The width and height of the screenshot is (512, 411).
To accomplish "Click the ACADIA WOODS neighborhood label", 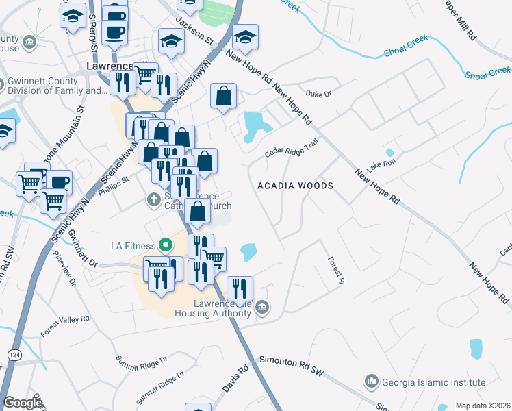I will pyautogui.click(x=295, y=186).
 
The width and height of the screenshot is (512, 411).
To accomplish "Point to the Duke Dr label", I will pyautogui.click(x=318, y=94).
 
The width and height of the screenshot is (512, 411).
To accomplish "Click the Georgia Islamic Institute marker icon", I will pyautogui.click(x=372, y=380).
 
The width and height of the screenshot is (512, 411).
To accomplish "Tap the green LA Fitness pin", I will pyautogui.click(x=165, y=244).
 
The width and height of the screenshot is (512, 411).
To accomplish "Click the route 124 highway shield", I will pyautogui.click(x=14, y=354).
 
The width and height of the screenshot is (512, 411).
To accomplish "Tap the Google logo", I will pyautogui.click(x=23, y=403).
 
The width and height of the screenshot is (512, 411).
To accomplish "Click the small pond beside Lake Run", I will pyautogui.click(x=389, y=153).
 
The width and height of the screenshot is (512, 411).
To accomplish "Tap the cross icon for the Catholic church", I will pyautogui.click(x=154, y=200).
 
